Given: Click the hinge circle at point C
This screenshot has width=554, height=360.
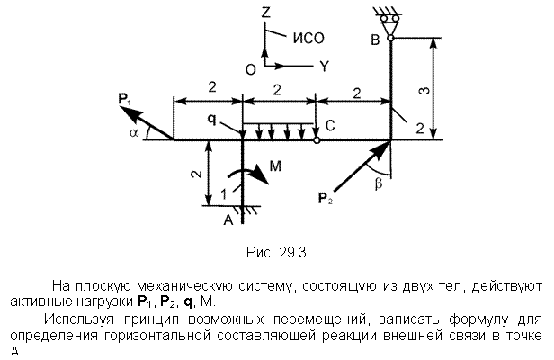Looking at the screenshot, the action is pos(317,140).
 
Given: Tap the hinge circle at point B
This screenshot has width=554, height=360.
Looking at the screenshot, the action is pos(390,38).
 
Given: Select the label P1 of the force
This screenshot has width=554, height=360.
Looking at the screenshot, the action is pos(124,99).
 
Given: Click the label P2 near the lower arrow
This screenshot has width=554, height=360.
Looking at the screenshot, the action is pos(325,198).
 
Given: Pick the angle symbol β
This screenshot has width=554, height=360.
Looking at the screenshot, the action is pos(378,184).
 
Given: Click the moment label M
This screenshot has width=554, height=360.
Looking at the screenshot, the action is pos(275,166).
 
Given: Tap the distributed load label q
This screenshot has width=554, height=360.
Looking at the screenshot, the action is pos(211,120).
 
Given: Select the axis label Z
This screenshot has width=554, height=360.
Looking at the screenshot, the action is pos(265,13).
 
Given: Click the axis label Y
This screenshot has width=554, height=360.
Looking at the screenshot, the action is pos(324,66).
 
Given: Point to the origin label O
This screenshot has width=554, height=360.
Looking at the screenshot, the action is pos(251,70).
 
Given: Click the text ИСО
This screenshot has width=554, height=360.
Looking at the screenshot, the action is pos(308,38).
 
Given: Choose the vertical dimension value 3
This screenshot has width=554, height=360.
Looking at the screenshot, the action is pos(425,90).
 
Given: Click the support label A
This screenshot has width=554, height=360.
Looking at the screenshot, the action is pos(228,220).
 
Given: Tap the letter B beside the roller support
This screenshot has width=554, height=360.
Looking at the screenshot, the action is pos(375,40).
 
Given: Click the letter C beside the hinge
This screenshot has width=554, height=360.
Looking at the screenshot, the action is pos(330,125).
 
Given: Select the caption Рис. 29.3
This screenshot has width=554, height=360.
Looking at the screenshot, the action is pos(276,253).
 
